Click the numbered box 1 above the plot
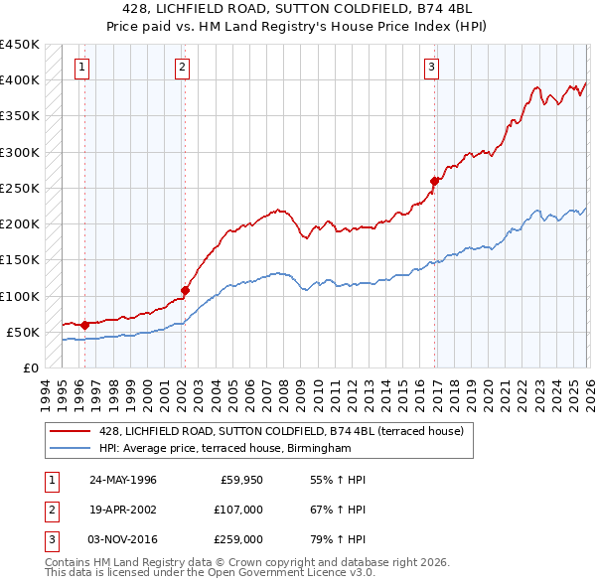click(x=80, y=68)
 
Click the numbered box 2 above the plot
click(x=183, y=68)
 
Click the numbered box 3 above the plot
click(x=432, y=68)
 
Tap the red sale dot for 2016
click(x=435, y=181)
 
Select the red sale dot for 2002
click(x=185, y=291)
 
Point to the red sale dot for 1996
click(x=84, y=324)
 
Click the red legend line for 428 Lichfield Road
click(x=71, y=431)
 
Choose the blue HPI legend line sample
click(x=71, y=449)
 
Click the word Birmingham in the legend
click(x=319, y=449)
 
